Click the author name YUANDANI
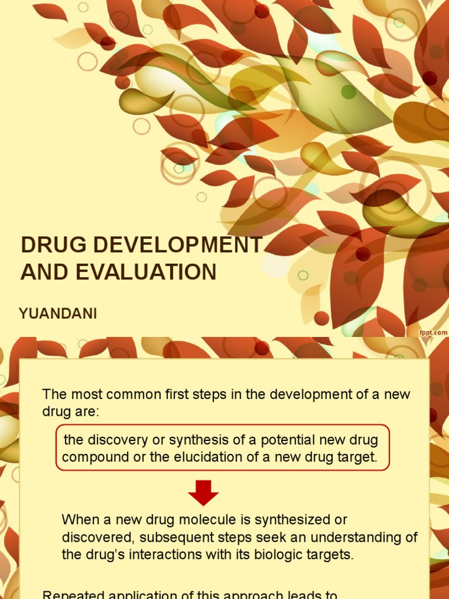pos(58,314)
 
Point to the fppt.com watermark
pos(433,332)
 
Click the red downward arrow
pos(203,493)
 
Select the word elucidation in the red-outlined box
pos(208,457)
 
